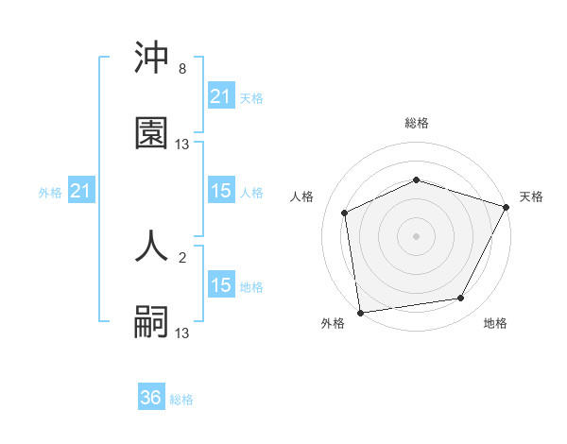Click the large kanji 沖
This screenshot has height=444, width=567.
point(151,59)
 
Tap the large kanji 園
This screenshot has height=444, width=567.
point(151,133)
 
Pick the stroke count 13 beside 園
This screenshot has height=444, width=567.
point(182,144)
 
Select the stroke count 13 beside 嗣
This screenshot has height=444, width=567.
point(182,333)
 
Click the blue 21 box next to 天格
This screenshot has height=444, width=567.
point(220,96)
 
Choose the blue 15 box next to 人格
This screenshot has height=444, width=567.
point(220,191)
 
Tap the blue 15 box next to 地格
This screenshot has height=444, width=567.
point(220,285)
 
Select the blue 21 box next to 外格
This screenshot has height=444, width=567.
point(81,192)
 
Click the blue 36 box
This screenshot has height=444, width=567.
point(151,398)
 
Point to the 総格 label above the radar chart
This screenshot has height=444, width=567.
point(417,123)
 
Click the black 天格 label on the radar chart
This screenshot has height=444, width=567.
point(531,196)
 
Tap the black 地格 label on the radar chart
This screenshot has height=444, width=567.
point(495,324)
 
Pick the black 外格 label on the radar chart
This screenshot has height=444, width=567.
point(333,324)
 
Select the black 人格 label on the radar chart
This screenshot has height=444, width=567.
point(302,196)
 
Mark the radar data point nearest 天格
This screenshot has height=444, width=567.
point(507,207)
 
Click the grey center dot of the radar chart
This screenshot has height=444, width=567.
point(417,235)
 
